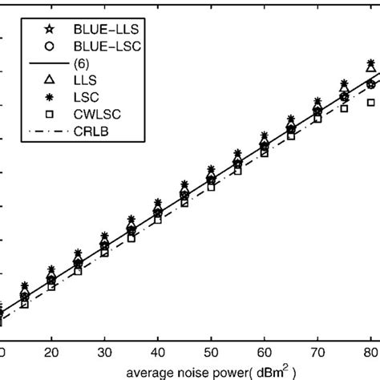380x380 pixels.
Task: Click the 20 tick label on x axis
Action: (x=51, y=351)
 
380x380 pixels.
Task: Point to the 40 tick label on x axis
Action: (x=158, y=351)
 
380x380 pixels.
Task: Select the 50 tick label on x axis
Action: (x=211, y=351)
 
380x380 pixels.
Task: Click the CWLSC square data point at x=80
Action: (x=370, y=103)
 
